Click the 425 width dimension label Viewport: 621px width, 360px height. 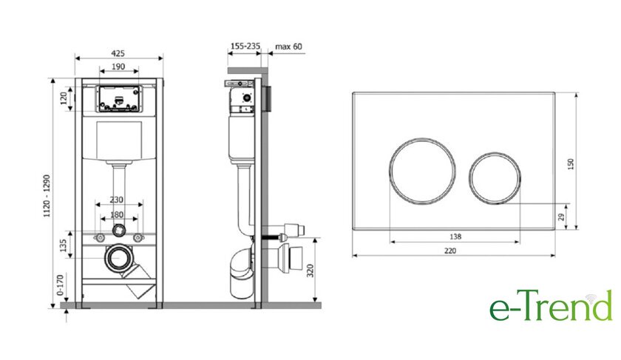click(x=118, y=53)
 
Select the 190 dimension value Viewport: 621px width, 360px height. click(x=118, y=67)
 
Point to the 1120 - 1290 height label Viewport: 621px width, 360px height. click(x=47, y=196)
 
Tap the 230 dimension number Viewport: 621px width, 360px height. click(x=117, y=200)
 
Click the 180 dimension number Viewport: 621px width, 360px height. click(x=117, y=214)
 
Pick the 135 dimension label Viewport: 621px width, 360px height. click(x=64, y=245)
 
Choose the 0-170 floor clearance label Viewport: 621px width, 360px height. click(x=60, y=285)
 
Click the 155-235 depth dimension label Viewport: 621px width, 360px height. click(x=245, y=47)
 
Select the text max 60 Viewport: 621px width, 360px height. click(x=289, y=47)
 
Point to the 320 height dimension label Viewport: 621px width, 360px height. click(x=310, y=271)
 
